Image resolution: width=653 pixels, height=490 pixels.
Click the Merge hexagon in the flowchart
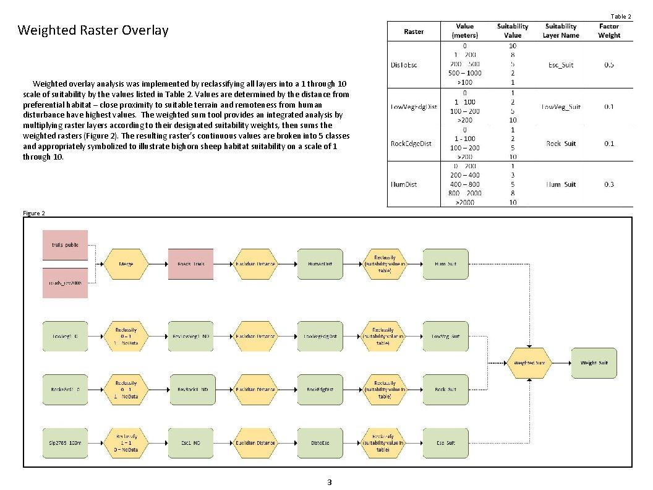click(x=126, y=264)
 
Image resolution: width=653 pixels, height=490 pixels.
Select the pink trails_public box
click(x=65, y=244)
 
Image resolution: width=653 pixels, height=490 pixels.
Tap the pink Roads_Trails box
click(x=191, y=264)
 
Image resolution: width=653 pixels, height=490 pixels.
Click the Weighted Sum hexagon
click(x=529, y=363)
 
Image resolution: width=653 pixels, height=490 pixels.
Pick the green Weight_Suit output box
click(x=594, y=363)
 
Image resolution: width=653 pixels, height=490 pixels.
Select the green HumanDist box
click(x=320, y=264)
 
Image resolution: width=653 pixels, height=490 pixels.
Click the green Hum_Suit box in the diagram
click(x=445, y=264)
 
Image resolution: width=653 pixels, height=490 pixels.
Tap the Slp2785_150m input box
click(x=65, y=443)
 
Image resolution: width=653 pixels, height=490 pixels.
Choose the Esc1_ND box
click(x=191, y=443)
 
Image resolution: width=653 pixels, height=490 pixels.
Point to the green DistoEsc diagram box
click(x=320, y=443)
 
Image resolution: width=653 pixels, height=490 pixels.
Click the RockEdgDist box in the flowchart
click(x=320, y=390)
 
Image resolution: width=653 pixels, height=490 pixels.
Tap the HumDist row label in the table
click(x=404, y=184)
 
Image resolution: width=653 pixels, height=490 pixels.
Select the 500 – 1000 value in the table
click(x=466, y=73)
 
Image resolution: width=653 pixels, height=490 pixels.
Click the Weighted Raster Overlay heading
click(x=93, y=30)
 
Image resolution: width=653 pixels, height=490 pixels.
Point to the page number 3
click(x=329, y=482)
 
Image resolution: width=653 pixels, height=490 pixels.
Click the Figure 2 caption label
click(x=33, y=213)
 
